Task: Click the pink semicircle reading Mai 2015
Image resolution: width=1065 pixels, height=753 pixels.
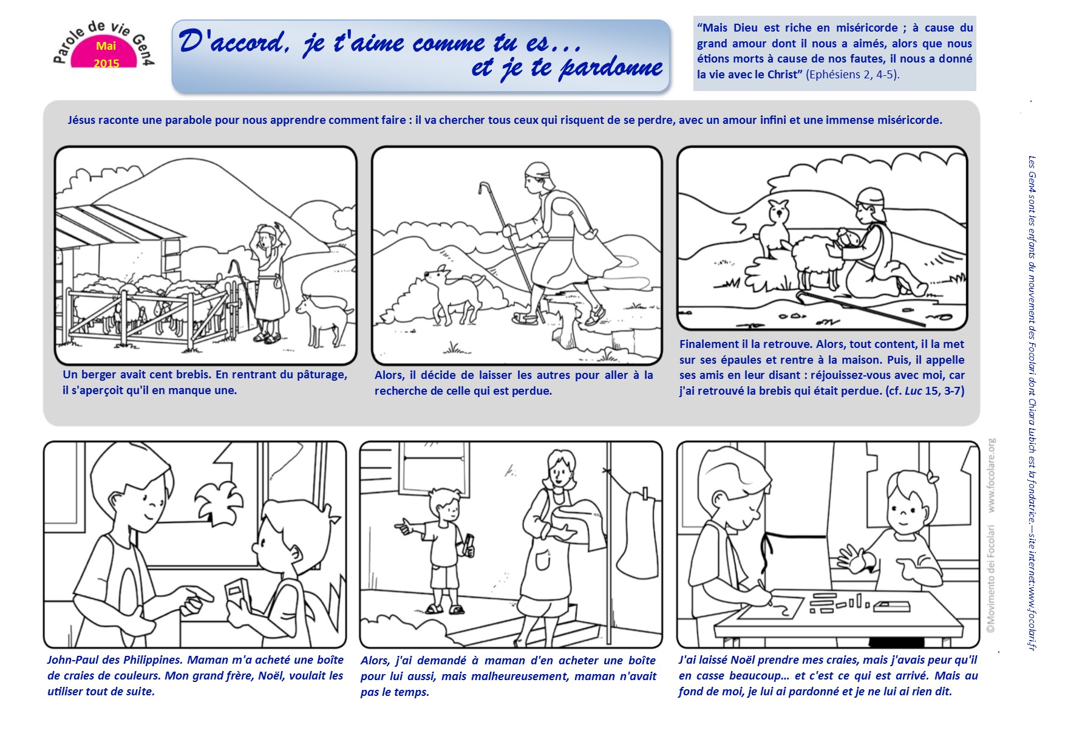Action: (x=105, y=53)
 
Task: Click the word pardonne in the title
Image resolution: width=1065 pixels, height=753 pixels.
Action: (x=610, y=67)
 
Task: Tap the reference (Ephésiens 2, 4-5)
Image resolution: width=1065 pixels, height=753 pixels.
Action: (x=852, y=75)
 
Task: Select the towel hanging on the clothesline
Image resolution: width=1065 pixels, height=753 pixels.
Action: (x=639, y=534)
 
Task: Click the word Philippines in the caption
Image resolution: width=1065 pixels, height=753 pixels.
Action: (x=152, y=660)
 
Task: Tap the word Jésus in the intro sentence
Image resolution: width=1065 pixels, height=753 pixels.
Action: (x=81, y=120)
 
